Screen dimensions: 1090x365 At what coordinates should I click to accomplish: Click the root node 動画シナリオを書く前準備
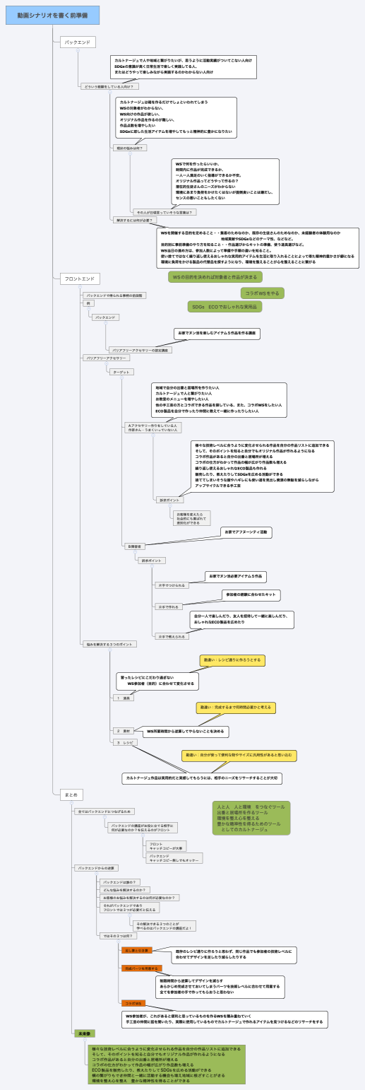point(52,15)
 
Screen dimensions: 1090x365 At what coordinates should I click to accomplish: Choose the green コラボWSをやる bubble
point(263,293)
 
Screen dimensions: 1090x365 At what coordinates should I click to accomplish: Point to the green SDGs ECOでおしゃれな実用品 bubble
point(224,307)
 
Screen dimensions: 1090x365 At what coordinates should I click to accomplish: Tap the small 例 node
point(88,303)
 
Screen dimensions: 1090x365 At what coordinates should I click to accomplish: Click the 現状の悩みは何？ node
point(130,148)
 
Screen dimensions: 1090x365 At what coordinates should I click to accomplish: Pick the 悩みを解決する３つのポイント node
point(110,644)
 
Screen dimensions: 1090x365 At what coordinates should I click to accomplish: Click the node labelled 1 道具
point(125,698)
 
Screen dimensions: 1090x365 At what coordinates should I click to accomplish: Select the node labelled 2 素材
point(124,730)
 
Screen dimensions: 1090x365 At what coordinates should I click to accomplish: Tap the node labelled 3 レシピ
point(125,743)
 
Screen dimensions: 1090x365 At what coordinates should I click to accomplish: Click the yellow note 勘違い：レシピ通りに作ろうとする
point(232,660)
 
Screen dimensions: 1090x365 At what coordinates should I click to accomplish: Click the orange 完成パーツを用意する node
point(142,968)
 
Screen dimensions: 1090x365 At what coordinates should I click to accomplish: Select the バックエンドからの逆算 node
point(96,867)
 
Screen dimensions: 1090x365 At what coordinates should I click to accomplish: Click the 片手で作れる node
point(169,606)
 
